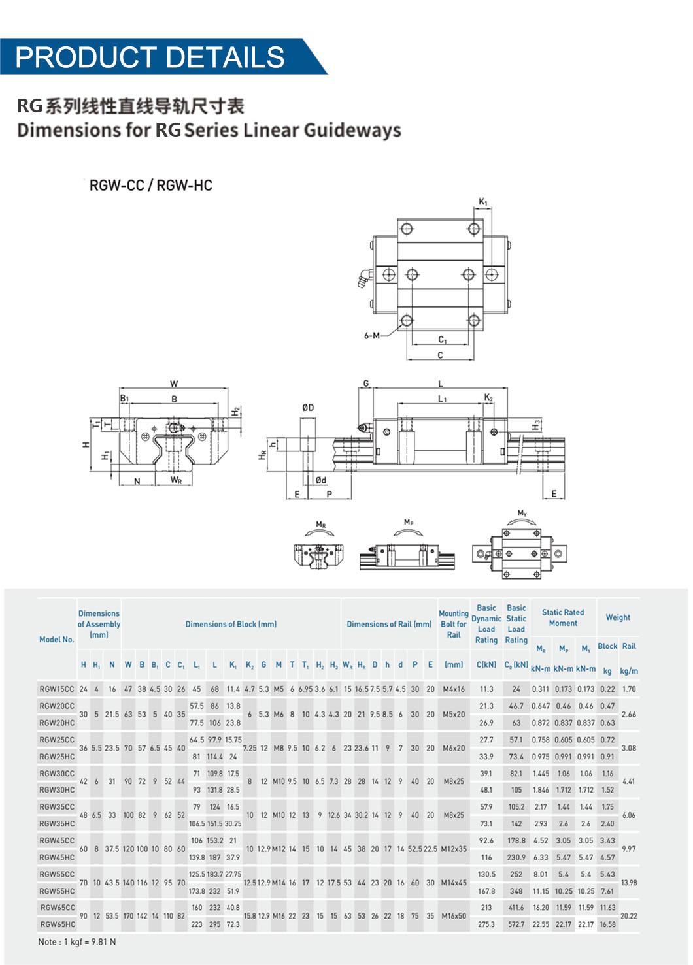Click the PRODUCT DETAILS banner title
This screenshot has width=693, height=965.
pyautogui.click(x=150, y=57)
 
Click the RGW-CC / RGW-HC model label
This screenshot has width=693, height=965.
pyautogui.click(x=151, y=186)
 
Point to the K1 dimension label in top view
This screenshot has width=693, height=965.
pyautogui.click(x=483, y=203)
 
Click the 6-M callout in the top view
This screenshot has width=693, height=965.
pyautogui.click(x=371, y=336)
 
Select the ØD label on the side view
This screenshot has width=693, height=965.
pyautogui.click(x=308, y=408)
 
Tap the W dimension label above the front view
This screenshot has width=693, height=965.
pyautogui.click(x=174, y=384)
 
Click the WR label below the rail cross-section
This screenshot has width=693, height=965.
pyautogui.click(x=176, y=480)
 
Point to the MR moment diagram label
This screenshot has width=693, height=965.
pyautogui.click(x=321, y=525)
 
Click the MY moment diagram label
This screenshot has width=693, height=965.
pyautogui.click(x=522, y=513)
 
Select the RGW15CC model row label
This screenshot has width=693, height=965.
pyautogui.click(x=57, y=689)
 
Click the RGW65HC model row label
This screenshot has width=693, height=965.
pyautogui.click(x=58, y=924)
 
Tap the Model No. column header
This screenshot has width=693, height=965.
pyautogui.click(x=57, y=640)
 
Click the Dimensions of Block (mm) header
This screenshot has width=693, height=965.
pyautogui.click(x=231, y=624)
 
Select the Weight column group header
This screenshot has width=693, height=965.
pyautogui.click(x=618, y=617)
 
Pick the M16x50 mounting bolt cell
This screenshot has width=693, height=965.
pyautogui.click(x=454, y=916)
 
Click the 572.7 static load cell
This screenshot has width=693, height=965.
pyautogui.click(x=516, y=924)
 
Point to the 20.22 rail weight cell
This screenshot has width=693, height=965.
pyautogui.click(x=629, y=916)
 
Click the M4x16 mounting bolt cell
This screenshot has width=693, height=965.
pyautogui.click(x=454, y=689)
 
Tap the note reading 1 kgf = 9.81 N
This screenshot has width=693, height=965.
pyautogui.click(x=76, y=942)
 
